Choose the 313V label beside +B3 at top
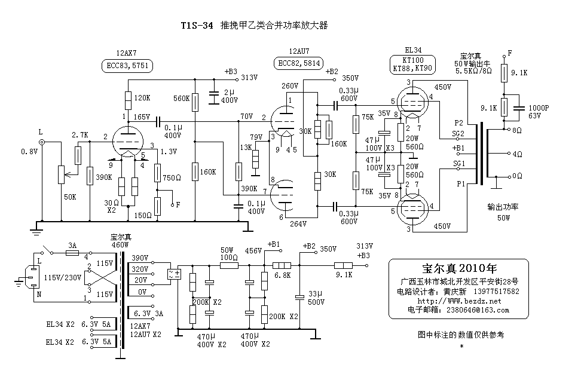pos(248,78)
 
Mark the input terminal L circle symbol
pos(41,142)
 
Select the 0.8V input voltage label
pos(30,151)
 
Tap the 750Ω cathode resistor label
pos(172,177)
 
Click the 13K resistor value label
pos(244,147)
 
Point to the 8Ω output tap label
pos(517,129)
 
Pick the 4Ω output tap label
pos(517,154)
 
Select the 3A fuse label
pos(72,246)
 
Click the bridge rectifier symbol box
pos(176,275)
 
